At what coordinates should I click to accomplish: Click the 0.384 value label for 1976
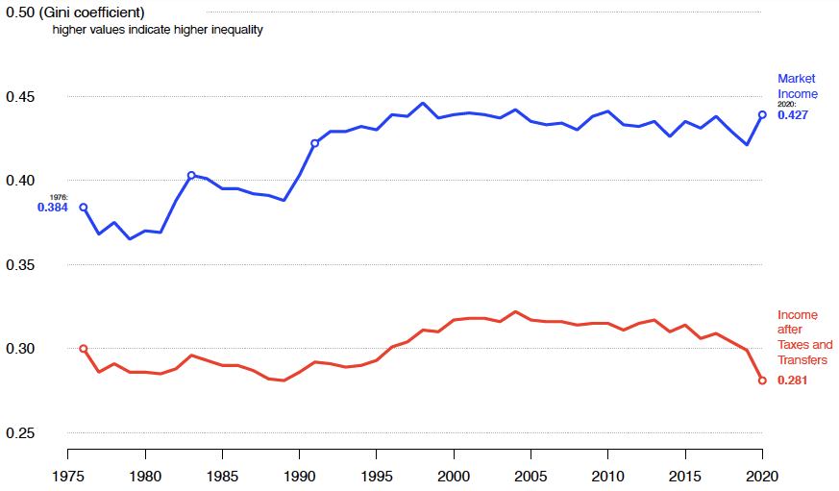(53, 207)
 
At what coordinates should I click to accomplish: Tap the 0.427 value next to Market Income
(793, 115)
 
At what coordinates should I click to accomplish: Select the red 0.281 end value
(793, 381)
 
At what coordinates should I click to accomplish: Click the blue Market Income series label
(798, 86)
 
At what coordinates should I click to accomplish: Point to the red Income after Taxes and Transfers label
(804, 337)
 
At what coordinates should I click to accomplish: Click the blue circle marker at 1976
(84, 208)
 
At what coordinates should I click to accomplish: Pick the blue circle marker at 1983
(191, 176)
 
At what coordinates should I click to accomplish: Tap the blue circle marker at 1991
(314, 143)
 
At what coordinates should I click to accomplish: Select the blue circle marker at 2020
(762, 114)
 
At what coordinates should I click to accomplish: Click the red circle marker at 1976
(84, 349)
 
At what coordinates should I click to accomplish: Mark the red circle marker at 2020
(762, 381)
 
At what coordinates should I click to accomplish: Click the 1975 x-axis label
(68, 476)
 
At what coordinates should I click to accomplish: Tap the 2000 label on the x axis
(454, 476)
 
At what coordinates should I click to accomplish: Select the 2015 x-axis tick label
(685, 476)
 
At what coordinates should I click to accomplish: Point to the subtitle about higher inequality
(158, 30)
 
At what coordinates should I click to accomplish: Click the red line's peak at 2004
(515, 312)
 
